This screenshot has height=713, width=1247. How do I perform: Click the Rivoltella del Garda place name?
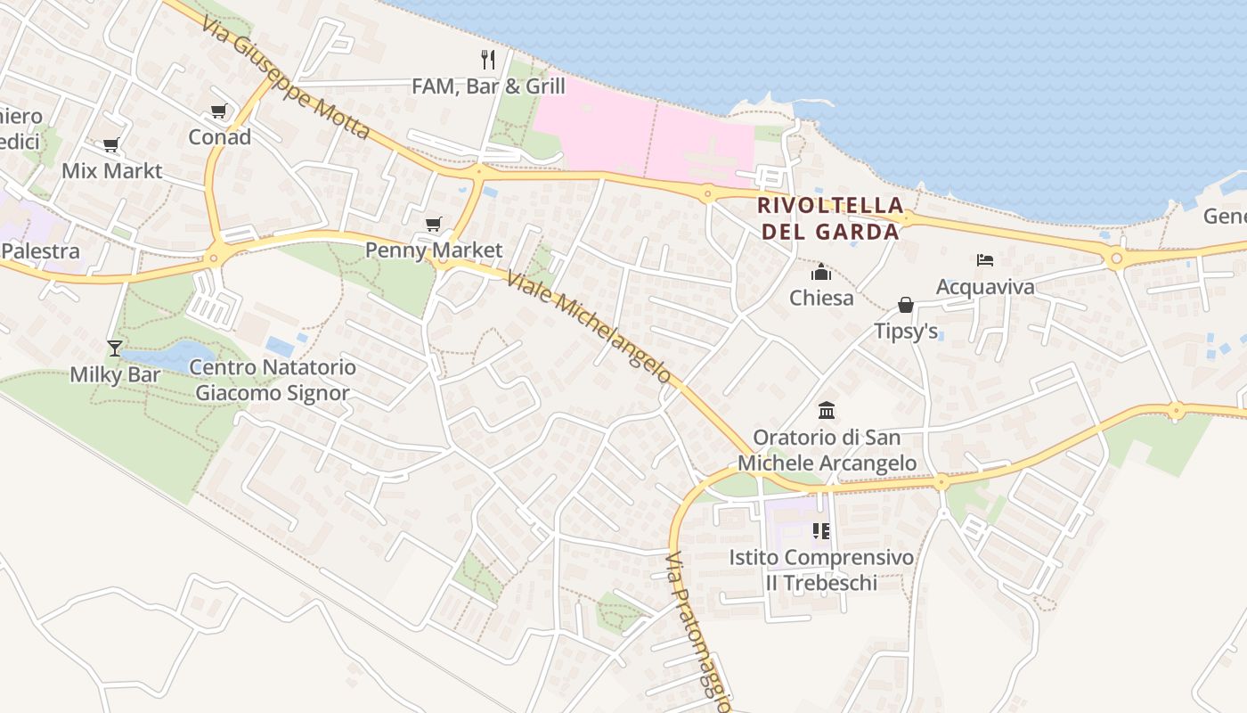point(827,218)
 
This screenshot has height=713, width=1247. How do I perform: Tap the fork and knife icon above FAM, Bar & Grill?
point(487,60)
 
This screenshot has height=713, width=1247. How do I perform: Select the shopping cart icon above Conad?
point(218,111)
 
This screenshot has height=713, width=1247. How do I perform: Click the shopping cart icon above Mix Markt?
point(111,145)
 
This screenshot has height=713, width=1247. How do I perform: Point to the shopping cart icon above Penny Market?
point(433,224)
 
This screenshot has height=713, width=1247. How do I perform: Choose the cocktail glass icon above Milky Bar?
point(115,348)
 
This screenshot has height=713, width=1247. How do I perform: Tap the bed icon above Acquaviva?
point(984,260)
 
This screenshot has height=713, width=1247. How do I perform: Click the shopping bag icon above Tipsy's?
point(906,306)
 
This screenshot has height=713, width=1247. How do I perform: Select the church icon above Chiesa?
point(821,272)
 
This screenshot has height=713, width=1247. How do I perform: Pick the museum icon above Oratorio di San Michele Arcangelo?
point(827,411)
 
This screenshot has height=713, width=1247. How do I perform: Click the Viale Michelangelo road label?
point(589,327)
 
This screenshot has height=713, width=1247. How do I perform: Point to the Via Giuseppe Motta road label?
point(285,77)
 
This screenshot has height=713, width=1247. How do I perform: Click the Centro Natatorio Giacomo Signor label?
point(273,380)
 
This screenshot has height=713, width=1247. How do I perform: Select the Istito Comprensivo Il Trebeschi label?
point(821,570)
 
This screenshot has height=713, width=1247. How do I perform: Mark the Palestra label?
point(40,250)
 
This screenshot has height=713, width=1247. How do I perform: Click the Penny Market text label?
point(434,250)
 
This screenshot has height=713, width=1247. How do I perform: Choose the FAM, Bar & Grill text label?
point(488,86)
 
